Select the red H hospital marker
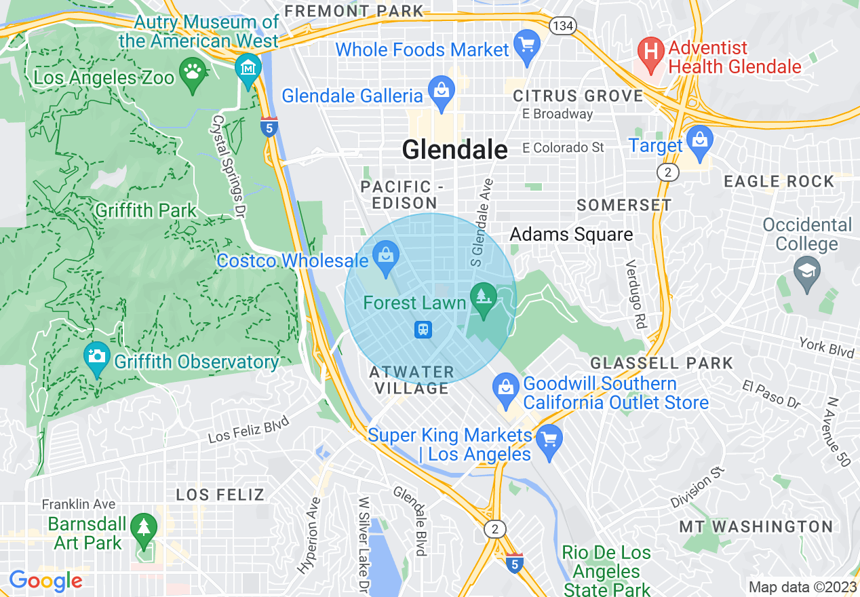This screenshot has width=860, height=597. tap(651, 53)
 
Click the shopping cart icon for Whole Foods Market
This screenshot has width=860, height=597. tap(526, 46)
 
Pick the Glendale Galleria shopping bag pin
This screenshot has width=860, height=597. tap(442, 92)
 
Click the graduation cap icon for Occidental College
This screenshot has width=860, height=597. tap(806, 272)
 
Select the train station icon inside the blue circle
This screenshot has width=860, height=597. tap(423, 330)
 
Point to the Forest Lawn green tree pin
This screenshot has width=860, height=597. tap(483, 298)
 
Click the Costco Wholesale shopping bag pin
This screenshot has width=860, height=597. tap(386, 258)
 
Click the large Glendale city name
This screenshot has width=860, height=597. tap(454, 150)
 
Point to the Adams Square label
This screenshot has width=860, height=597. tap(571, 235)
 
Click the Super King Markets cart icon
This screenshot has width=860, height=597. tap(549, 440)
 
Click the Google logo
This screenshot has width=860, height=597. tap(45, 581)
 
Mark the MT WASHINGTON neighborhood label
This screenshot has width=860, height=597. tap(756, 526)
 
